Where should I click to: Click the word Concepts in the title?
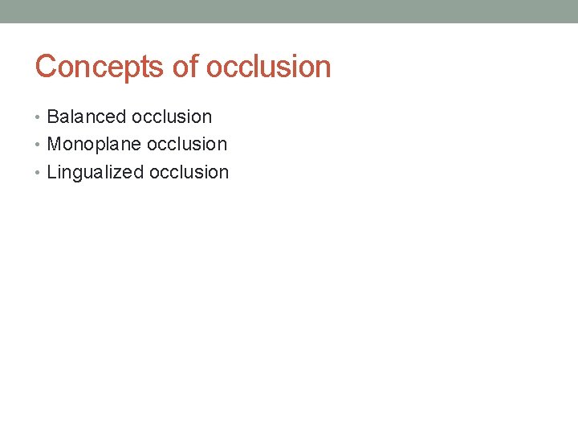click(x=100, y=67)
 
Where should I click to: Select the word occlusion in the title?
click(x=268, y=67)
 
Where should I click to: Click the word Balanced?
click(x=87, y=117)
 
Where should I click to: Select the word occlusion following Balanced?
click(x=172, y=117)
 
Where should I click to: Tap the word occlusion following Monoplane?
click(x=187, y=145)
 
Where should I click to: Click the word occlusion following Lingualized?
click(x=189, y=173)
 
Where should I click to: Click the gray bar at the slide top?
click(x=289, y=11)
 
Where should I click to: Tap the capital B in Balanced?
click(x=53, y=117)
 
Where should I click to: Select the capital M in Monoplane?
click(x=55, y=145)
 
